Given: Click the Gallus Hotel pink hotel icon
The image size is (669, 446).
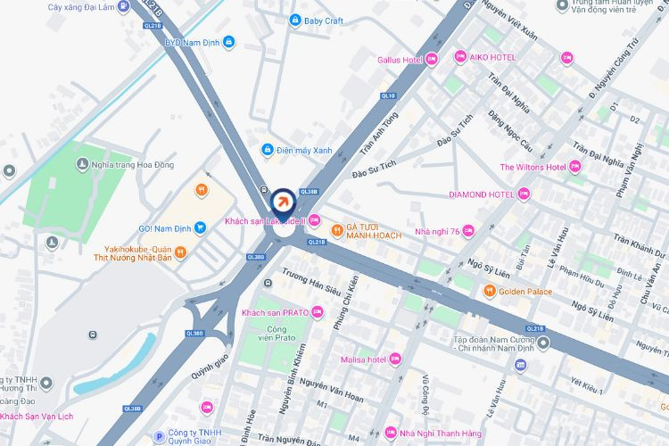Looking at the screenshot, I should tap(432, 60).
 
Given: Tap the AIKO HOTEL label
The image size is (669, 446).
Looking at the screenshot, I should tap(493, 57).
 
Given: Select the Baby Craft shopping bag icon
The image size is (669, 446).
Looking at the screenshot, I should tap(295, 20).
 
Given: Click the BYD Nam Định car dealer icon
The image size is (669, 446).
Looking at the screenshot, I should tap(229, 41).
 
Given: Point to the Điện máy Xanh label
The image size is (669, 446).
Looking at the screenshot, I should tap(303, 150).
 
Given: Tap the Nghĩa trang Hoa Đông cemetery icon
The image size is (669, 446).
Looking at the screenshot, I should tap(81, 163).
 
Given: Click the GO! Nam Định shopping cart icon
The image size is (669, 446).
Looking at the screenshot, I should tap(201, 227).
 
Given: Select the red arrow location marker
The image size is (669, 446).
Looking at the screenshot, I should tap(283, 200).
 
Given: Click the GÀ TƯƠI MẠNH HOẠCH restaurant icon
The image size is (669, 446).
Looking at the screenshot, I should tap(337, 229).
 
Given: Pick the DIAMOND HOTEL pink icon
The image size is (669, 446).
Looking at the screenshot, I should tap(524, 194).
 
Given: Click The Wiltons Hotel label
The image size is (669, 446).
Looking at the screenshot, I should tap(533, 167).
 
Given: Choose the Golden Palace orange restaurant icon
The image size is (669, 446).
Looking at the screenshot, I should tap(489, 292).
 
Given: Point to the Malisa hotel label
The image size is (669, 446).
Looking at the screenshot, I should tap(363, 359).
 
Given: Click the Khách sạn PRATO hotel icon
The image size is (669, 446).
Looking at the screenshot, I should tap(318, 312).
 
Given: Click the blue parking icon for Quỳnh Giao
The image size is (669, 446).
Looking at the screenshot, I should tap(160, 436).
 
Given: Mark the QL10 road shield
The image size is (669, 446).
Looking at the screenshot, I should tap(387, 95).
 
